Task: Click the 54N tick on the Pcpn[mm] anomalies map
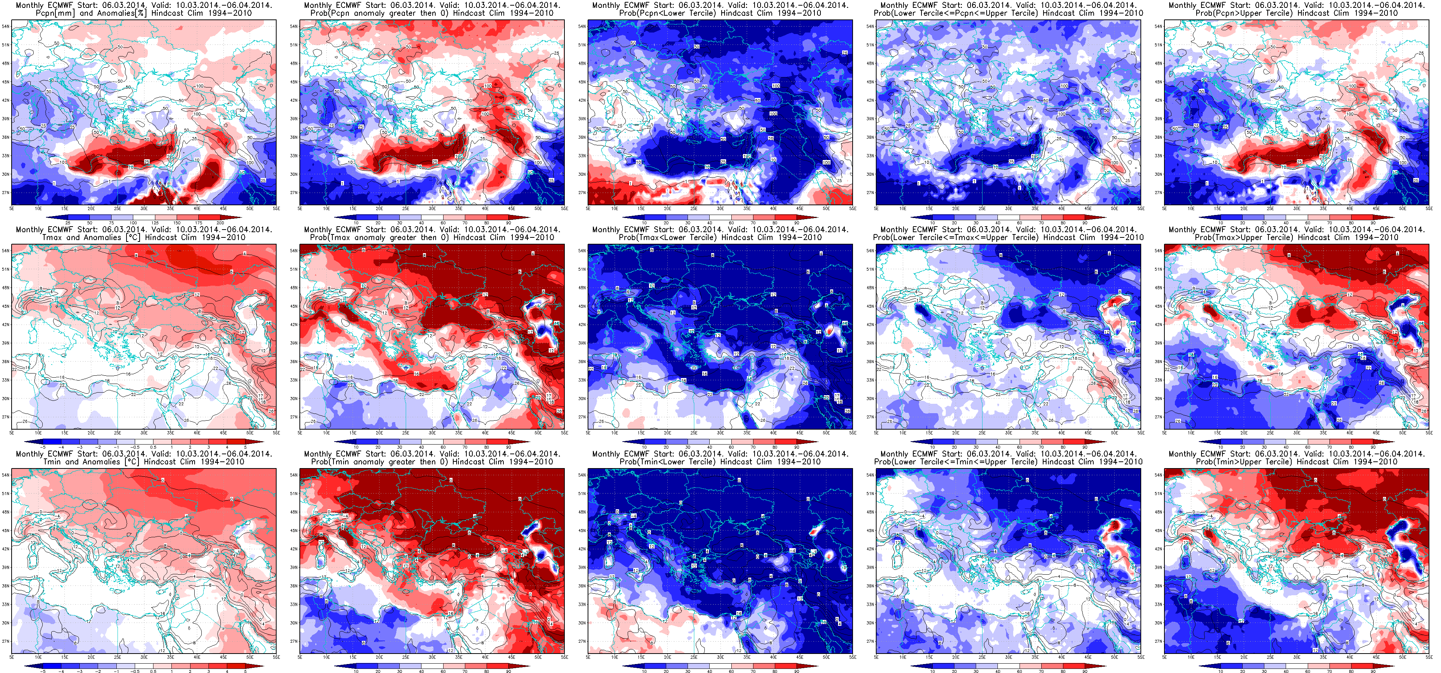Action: (x=5, y=26)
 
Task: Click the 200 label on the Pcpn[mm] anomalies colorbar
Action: (x=220, y=223)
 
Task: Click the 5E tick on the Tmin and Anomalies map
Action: (x=12, y=657)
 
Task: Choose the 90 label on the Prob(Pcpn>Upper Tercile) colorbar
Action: (x=1373, y=223)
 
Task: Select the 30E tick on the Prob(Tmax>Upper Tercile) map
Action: (x=1297, y=433)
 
